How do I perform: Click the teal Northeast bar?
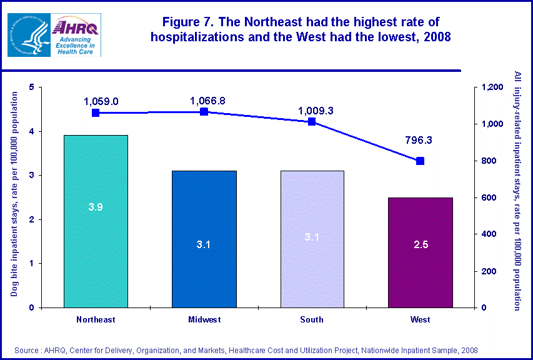point(96,221)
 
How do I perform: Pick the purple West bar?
point(420,252)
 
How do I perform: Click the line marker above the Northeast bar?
point(96,113)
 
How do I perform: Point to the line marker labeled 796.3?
point(420,161)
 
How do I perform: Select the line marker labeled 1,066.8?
point(204,112)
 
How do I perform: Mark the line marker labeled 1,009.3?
point(312,122)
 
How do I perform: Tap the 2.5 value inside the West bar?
point(420,244)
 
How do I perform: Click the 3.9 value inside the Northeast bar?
point(96,207)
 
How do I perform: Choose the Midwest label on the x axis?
point(204,320)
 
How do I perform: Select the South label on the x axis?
point(312,320)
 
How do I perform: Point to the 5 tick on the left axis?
point(31,87)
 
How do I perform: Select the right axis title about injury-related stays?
point(517,191)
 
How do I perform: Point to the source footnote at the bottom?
point(246,351)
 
